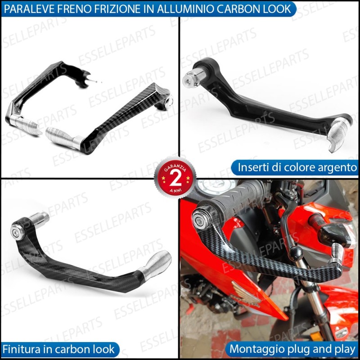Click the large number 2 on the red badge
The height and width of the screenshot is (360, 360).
(175, 179)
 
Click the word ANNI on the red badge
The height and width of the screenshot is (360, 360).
(175, 190)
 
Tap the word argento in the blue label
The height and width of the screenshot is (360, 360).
(337, 168)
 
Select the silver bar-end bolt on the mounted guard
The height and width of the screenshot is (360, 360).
(199, 219)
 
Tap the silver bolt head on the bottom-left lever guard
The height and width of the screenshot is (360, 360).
(17, 232)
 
